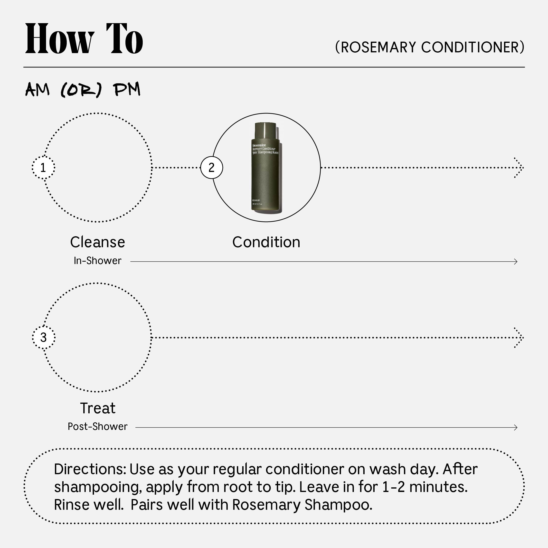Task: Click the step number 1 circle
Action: coord(43,168)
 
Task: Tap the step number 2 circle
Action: coord(212,168)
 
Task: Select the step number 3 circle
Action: coord(43,337)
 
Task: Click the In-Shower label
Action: coord(98,261)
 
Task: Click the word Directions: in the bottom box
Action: coord(90,469)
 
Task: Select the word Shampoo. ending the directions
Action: coord(338,505)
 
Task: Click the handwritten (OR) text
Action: coord(81,90)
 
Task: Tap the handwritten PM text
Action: coord(127,90)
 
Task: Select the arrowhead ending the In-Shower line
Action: coord(515,262)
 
